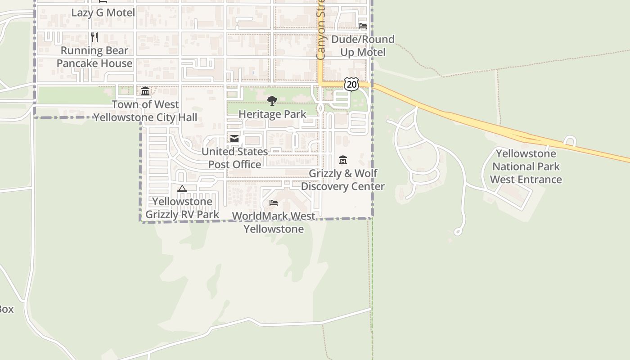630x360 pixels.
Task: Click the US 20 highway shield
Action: click(351, 84)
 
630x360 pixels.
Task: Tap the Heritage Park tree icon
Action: click(272, 101)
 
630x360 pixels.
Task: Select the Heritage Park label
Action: click(272, 114)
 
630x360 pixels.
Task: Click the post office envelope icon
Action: click(234, 139)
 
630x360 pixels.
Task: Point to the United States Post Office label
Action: click(234, 158)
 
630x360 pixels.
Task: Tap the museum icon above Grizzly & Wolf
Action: click(343, 160)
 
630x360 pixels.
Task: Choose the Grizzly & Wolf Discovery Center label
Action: click(343, 180)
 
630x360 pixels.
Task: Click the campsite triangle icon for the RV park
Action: click(182, 189)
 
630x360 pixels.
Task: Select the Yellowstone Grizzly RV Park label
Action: click(182, 208)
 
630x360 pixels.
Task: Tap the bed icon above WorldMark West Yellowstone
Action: click(274, 203)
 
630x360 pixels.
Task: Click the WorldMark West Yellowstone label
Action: click(274, 222)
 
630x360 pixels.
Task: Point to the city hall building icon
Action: click(145, 91)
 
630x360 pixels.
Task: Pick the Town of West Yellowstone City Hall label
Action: click(145, 111)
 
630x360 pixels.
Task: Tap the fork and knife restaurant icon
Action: click(94, 37)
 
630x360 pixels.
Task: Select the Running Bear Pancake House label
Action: click(94, 57)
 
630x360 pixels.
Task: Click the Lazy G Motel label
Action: click(103, 13)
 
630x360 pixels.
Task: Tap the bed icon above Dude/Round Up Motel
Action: click(363, 26)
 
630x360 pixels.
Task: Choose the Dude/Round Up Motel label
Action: click(363, 46)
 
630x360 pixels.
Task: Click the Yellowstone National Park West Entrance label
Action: click(526, 166)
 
